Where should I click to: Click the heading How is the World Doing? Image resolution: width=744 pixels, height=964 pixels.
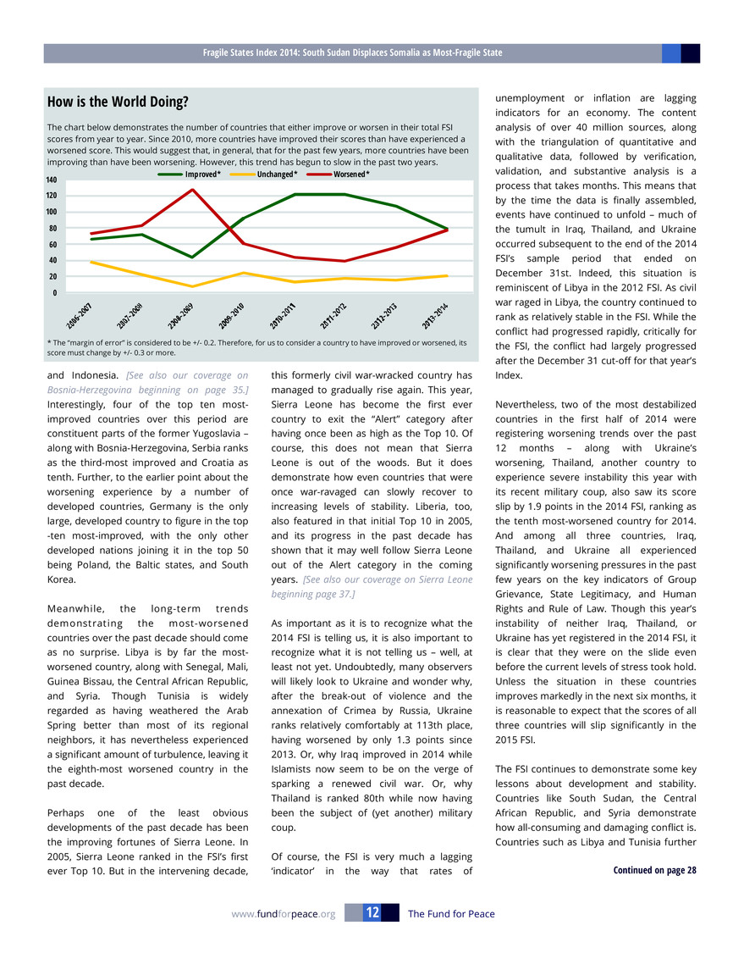tap(118, 102)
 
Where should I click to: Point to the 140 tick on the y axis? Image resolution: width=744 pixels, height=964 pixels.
tap(52, 180)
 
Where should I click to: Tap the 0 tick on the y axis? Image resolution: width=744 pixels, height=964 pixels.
tap(55, 293)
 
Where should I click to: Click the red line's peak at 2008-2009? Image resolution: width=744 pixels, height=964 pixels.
tap(193, 189)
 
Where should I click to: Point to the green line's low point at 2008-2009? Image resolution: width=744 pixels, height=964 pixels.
tap(193, 257)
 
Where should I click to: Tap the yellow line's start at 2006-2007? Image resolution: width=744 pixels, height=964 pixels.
tap(91, 262)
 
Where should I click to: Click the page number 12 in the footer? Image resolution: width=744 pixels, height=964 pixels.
tap(372, 913)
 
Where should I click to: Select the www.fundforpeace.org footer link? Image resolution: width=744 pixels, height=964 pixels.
tap(284, 914)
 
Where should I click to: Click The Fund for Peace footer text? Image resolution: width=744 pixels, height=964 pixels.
tap(451, 914)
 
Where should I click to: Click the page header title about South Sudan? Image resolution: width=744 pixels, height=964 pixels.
tap(352, 53)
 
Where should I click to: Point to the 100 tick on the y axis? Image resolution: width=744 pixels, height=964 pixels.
tap(52, 213)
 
